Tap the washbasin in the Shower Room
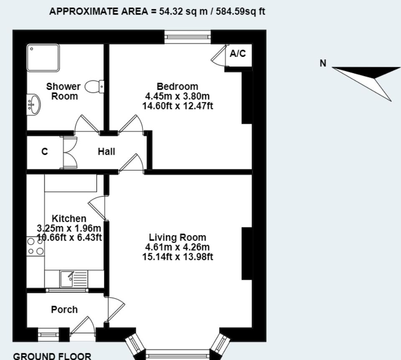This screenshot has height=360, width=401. point(33,104)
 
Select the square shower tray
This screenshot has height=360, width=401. point(43,58)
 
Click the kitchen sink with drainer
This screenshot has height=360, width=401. point(74,279)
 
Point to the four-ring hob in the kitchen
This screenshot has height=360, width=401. point(36,246)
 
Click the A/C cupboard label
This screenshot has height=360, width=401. point(238,54)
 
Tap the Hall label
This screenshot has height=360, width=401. point(107,152)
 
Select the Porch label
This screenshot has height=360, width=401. point(64,309)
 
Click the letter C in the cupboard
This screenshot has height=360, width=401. point(45,152)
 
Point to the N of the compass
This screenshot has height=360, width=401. point(323,63)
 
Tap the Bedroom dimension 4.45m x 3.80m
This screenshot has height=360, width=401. point(177,96)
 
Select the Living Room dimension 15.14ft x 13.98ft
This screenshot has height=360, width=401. point(178,257)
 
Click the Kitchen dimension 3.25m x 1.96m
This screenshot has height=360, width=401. point(69,228)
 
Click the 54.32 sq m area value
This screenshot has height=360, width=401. point(183,11)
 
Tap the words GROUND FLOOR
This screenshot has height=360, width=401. point(52,356)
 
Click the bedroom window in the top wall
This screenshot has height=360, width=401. point(188,37)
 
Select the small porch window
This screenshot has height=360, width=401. point(48,334)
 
